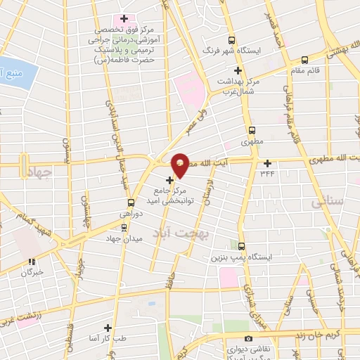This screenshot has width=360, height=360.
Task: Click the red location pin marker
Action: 181,165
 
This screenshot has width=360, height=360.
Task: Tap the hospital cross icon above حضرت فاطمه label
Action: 124,18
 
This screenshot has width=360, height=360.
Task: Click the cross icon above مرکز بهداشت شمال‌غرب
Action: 238,70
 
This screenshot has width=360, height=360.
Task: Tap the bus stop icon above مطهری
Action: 252,130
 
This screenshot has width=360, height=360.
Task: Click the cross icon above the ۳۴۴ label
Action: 267,162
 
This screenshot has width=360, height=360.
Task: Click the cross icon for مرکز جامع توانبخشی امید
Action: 169,180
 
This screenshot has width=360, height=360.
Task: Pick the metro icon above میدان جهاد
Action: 124,226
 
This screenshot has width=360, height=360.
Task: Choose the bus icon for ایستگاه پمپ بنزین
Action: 242,246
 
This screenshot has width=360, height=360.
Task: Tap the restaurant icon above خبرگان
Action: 31,261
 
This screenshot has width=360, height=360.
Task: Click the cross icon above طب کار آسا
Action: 108,328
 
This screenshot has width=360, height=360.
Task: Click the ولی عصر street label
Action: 190,123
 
